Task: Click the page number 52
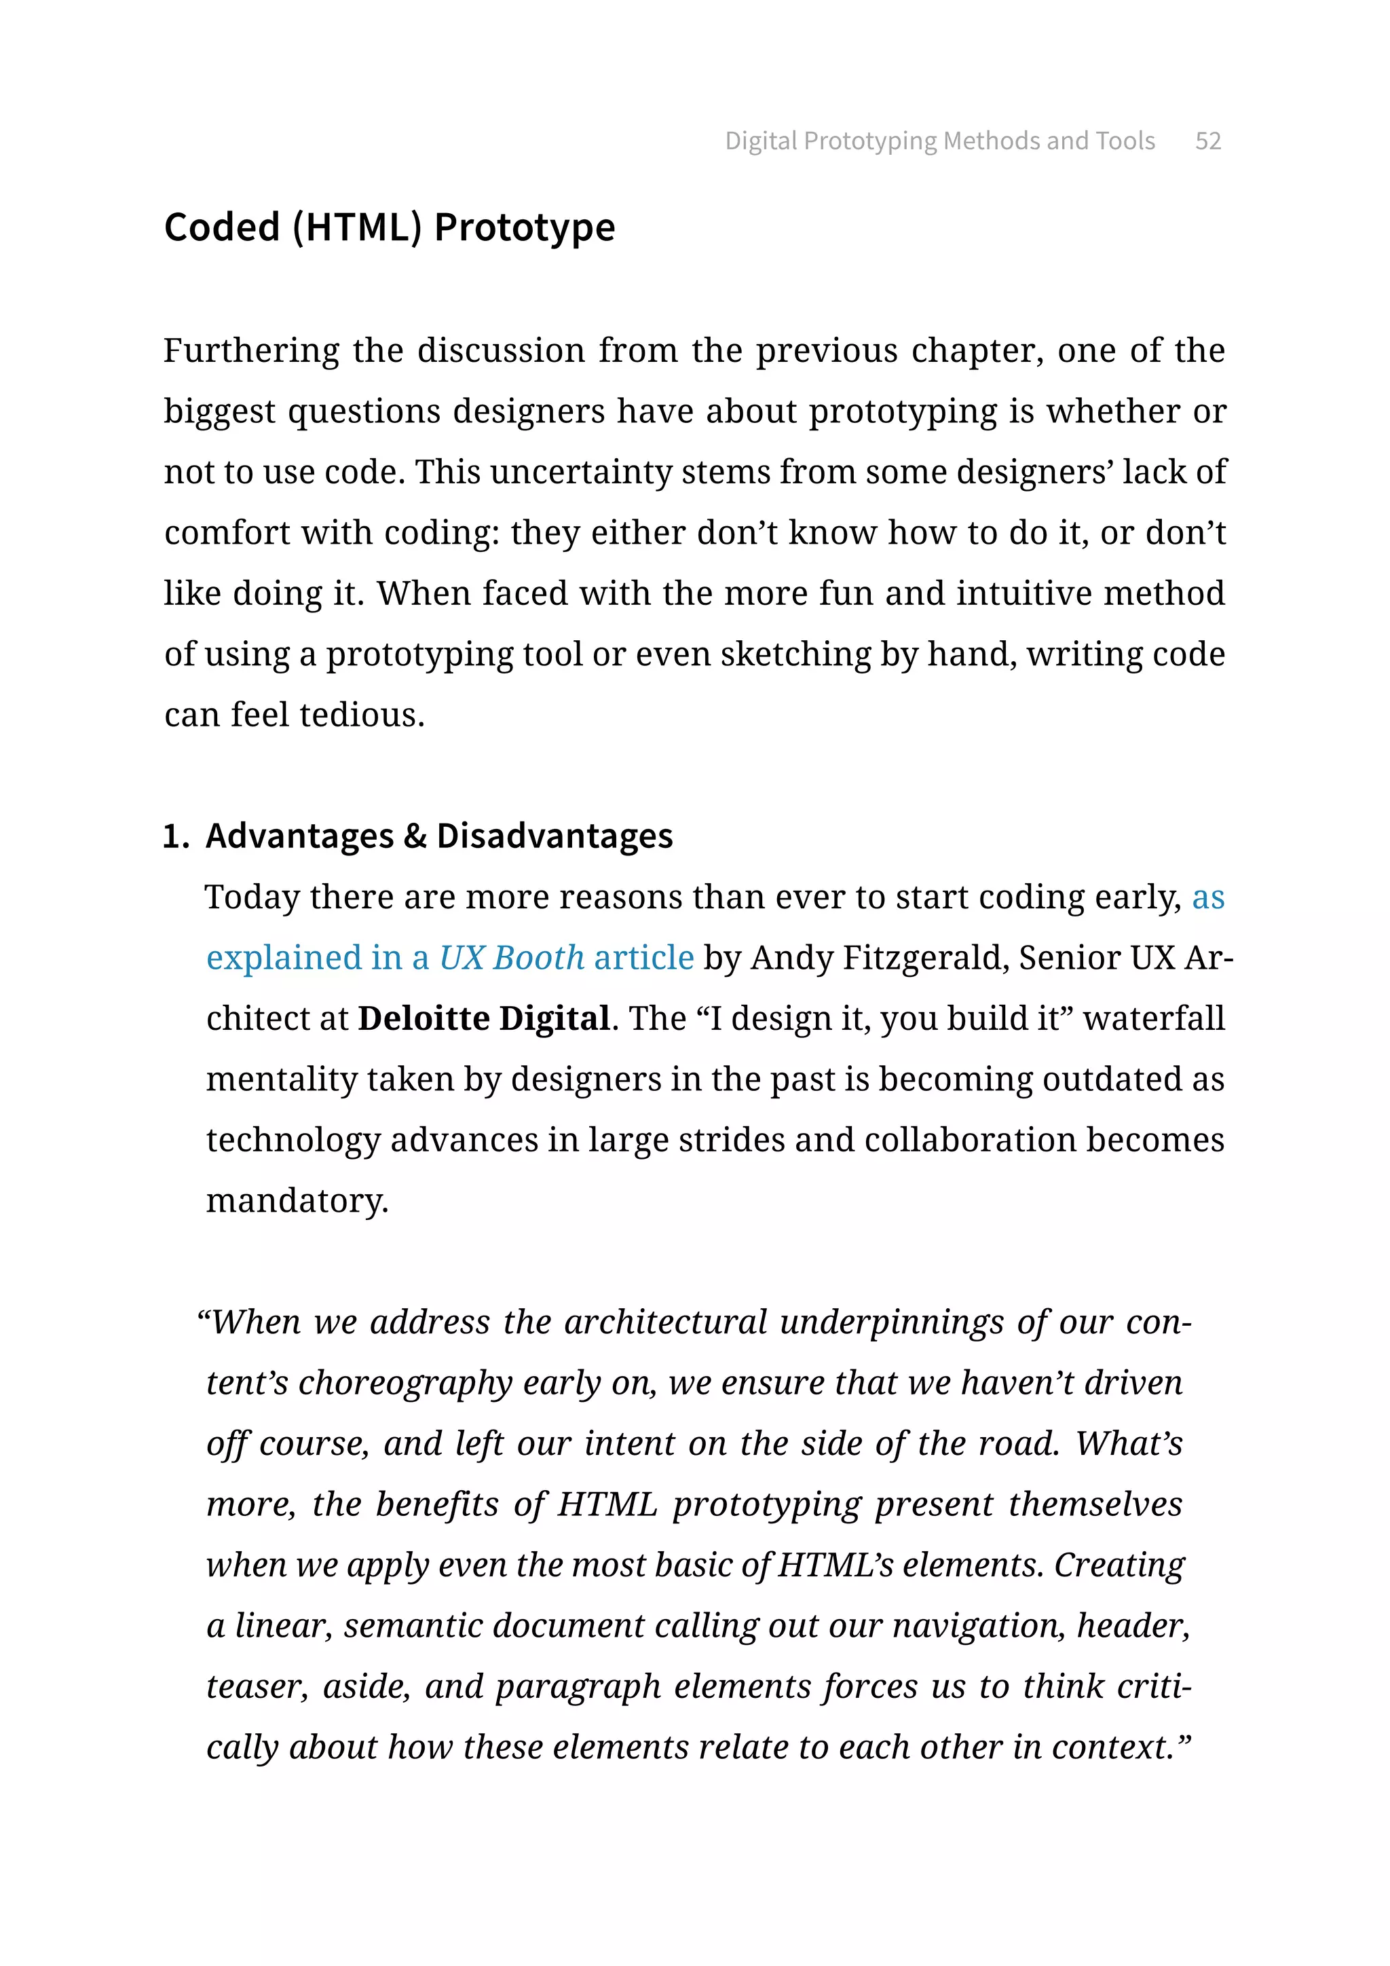pyautogui.click(x=1207, y=141)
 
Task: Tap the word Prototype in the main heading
pyautogui.click(x=524, y=228)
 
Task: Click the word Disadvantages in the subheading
pyautogui.click(x=554, y=836)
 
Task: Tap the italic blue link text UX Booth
pyautogui.click(x=511, y=958)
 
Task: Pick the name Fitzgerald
pyautogui.click(x=924, y=958)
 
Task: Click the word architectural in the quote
pyautogui.click(x=665, y=1323)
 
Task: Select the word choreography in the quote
pyautogui.click(x=405, y=1384)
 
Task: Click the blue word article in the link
pyautogui.click(x=643, y=958)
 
